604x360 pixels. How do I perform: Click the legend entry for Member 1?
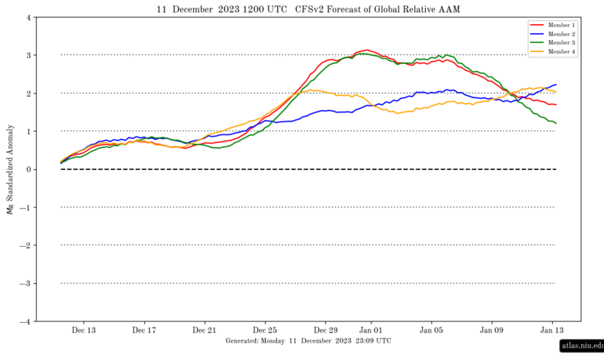(x=559, y=25)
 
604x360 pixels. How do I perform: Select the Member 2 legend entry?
(x=559, y=34)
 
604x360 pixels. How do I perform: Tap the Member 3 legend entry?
(x=559, y=43)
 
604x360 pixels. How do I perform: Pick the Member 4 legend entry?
(x=559, y=52)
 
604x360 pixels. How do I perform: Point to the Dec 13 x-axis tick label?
(x=84, y=330)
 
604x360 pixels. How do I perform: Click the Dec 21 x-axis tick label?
(x=205, y=330)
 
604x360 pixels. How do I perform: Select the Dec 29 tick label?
(x=325, y=330)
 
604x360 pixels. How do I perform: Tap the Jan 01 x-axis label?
(x=371, y=330)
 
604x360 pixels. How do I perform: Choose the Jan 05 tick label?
(x=431, y=330)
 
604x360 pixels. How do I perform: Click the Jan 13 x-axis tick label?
(x=552, y=330)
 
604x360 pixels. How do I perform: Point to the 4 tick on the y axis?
(x=28, y=17)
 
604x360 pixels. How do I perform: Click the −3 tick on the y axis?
(x=26, y=283)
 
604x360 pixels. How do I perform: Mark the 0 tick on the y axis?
(x=28, y=169)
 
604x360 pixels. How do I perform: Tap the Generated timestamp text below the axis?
(x=308, y=340)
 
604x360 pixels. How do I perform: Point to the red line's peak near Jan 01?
(x=366, y=50)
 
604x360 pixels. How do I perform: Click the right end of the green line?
(x=556, y=123)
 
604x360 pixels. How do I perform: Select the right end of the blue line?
(x=556, y=85)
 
